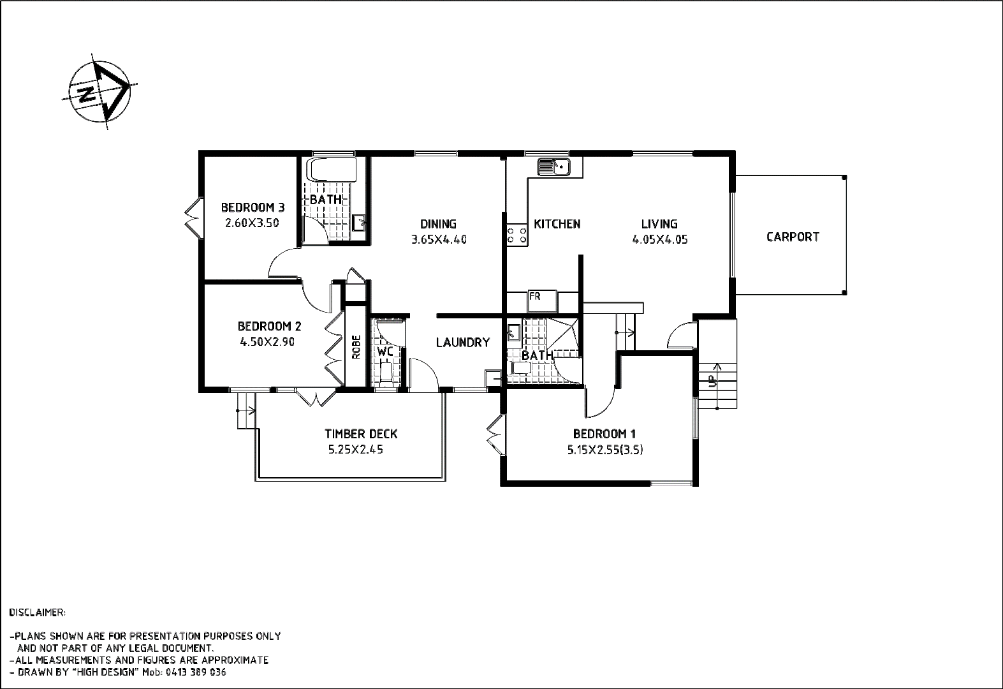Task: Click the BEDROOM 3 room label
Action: [253, 208]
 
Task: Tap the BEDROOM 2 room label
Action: [269, 327]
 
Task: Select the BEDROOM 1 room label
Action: [606, 433]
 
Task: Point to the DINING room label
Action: [439, 225]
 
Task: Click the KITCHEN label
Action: [557, 225]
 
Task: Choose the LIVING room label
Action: [660, 225]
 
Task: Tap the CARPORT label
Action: [793, 237]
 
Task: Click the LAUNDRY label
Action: [464, 343]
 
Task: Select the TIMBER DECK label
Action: [362, 434]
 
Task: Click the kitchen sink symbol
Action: [553, 167]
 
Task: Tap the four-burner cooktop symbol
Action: [516, 235]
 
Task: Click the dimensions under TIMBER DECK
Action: [356, 449]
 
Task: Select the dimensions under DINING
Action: [439, 240]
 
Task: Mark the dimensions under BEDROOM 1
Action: [605, 449]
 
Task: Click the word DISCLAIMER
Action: [38, 612]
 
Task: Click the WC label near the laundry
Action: [382, 350]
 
